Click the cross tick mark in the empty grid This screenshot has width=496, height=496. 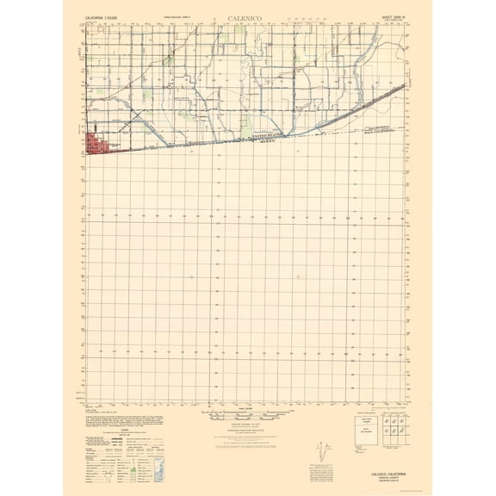[x=298, y=276]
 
